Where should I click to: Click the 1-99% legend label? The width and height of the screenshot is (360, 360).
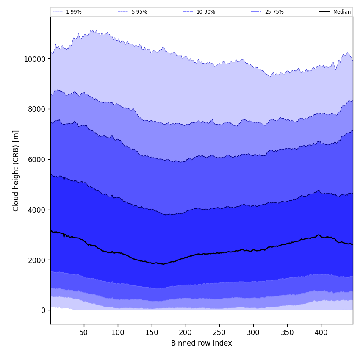pos(74,12)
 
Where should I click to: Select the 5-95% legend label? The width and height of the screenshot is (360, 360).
pos(139,12)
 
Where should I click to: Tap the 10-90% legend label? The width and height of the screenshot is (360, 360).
pos(206,12)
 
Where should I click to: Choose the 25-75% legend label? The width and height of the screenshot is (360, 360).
pos(274,12)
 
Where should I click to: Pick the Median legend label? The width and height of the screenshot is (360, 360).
pos(342,12)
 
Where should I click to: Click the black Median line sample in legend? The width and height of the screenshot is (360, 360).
pos(325,12)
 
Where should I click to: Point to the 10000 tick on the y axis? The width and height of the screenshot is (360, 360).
pos(34,59)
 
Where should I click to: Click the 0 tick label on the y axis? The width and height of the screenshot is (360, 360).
pos(43,310)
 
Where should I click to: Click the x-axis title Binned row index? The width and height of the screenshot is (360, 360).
pos(202,343)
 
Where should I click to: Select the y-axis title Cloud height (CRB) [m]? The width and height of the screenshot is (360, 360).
pos(16,171)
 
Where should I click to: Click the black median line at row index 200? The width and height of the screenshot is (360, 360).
pos(186,258)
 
